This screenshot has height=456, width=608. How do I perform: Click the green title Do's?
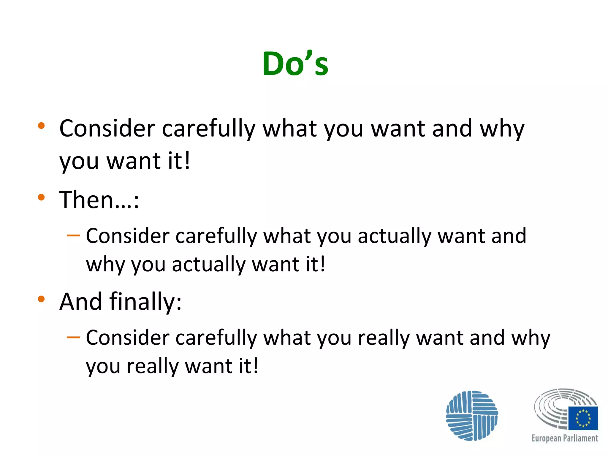click(x=295, y=64)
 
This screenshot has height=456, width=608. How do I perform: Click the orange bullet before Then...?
click(x=41, y=197)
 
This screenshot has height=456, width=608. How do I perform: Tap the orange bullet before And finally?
click(x=41, y=299)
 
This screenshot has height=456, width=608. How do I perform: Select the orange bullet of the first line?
click(x=41, y=126)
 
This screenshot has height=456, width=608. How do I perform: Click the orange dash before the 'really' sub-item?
click(x=73, y=338)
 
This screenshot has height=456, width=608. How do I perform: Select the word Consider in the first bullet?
click(x=107, y=129)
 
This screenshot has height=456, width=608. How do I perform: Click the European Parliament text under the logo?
click(x=564, y=438)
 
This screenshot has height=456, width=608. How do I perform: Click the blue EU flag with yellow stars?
click(x=583, y=418)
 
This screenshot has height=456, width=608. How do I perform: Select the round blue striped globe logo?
click(x=472, y=416)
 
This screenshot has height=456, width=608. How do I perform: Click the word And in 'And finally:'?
click(x=80, y=302)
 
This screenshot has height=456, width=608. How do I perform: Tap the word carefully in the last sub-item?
click(x=216, y=338)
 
